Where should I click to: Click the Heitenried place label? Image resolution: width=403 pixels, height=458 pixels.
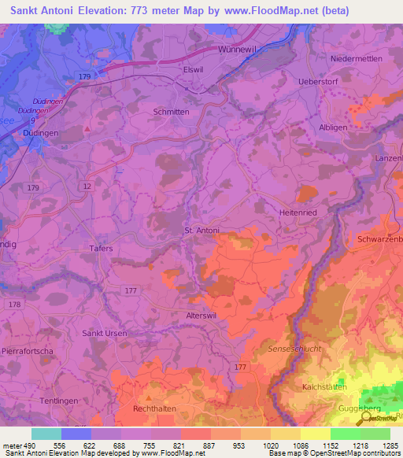tap(298, 212)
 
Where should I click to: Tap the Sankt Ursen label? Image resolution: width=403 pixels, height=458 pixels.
tap(105, 333)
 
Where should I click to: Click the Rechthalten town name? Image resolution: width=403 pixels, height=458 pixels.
tap(154, 409)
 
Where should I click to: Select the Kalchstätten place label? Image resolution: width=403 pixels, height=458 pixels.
tap(325, 387)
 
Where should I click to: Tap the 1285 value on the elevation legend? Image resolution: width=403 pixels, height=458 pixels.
tap(391, 445)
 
